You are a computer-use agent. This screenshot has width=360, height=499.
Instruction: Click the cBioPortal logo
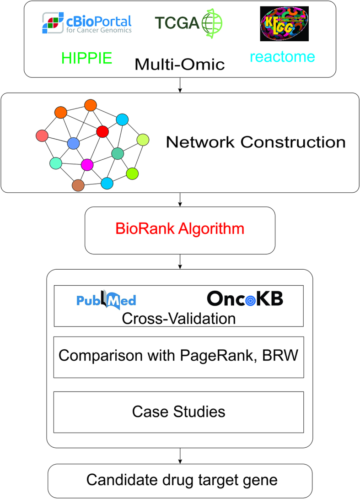coord(87,23)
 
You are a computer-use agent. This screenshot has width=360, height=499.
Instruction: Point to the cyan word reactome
coord(282,57)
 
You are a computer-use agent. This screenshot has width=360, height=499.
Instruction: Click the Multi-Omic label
coord(180,64)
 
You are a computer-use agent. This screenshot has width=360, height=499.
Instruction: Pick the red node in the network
coord(102,132)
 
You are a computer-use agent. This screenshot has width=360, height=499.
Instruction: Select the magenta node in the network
coord(87,164)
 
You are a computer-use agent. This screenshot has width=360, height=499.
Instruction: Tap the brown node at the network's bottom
coord(78,185)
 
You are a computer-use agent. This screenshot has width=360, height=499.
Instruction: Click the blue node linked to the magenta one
coord(73,143)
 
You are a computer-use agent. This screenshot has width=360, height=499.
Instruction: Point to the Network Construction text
coord(255,142)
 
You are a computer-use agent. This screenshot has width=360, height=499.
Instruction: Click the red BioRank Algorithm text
coord(180,228)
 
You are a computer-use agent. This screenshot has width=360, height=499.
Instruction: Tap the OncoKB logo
coord(245,298)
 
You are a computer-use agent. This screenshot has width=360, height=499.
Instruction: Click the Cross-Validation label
coord(178,318)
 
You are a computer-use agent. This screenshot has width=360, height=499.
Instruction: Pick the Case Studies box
coord(179,412)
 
